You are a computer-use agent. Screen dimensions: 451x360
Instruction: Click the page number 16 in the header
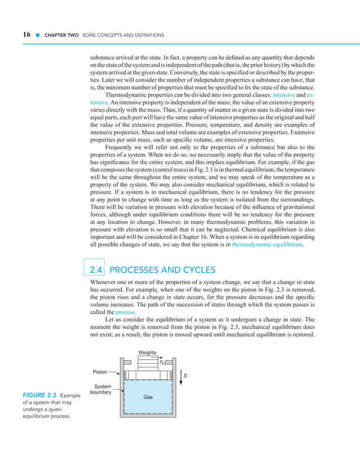point(26,35)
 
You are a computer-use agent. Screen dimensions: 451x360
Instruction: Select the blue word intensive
point(283,96)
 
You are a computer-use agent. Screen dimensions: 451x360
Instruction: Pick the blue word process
point(125,311)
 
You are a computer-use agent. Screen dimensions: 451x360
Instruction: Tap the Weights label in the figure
point(148,352)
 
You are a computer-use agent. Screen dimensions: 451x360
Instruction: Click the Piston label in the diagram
point(100,372)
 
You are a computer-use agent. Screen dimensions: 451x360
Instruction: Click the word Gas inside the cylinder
point(148,397)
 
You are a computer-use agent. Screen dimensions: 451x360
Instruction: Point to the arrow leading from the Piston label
point(115,373)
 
